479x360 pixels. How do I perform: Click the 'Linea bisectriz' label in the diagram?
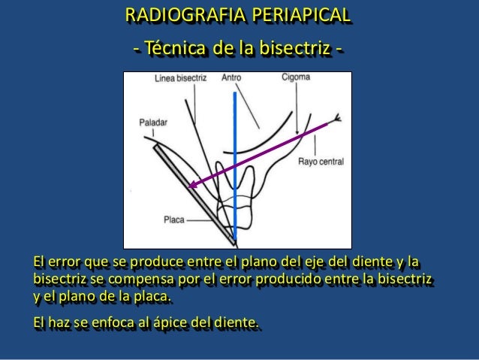(x=180, y=77)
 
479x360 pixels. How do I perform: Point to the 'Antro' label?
(x=231, y=77)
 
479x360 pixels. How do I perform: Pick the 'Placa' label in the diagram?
(x=174, y=220)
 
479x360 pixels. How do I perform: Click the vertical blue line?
(x=236, y=150)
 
